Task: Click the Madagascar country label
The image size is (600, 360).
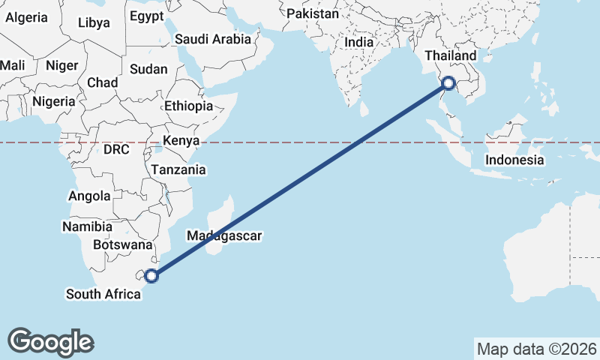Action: coord(224,236)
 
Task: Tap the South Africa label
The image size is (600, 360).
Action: coord(103,294)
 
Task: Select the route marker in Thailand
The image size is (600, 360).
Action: coord(448,84)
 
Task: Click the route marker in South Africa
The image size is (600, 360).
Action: coord(151,275)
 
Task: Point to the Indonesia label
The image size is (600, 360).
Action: coord(514,160)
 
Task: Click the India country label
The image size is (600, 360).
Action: coord(358,43)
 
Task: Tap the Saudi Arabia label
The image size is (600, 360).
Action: coord(212,40)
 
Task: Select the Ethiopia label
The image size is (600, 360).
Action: coord(188,106)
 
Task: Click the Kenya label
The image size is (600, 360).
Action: coord(181,140)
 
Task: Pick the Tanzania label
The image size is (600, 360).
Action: coord(178,170)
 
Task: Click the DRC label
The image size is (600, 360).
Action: coord(116,149)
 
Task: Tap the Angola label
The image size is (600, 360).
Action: coord(89,196)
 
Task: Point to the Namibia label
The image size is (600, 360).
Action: coord(87,226)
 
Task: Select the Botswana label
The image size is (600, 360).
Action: coord(122,244)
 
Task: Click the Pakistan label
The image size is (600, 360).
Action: coord(312,13)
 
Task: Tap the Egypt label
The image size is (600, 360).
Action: coord(146,16)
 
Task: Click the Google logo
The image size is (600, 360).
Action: coord(50,342)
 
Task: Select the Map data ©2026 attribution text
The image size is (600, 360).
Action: coord(536,349)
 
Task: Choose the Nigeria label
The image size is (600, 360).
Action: coord(52,100)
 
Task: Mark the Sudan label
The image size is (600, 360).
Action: coord(148,69)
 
